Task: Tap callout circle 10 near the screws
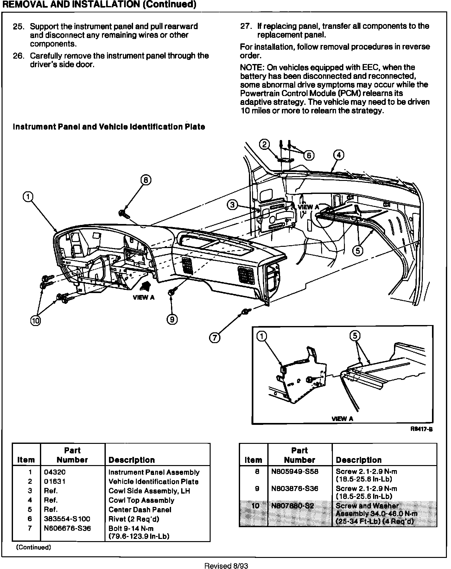(x=35, y=321)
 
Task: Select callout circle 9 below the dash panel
(x=172, y=319)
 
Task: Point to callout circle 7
(x=215, y=338)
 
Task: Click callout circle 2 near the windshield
(x=264, y=144)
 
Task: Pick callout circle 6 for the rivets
(x=309, y=155)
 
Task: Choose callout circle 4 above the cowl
(x=339, y=155)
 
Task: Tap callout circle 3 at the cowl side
(x=233, y=205)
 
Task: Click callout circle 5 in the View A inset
(x=355, y=336)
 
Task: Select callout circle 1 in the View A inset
(x=262, y=336)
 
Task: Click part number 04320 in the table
(x=55, y=472)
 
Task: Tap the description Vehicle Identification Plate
(x=153, y=482)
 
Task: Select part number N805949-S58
(x=294, y=471)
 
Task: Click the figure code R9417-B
(x=421, y=429)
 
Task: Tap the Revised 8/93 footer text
(x=226, y=566)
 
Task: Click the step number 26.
(x=19, y=56)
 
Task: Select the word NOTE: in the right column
(x=252, y=67)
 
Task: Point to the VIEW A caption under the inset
(x=342, y=419)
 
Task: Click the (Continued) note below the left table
(x=33, y=547)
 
